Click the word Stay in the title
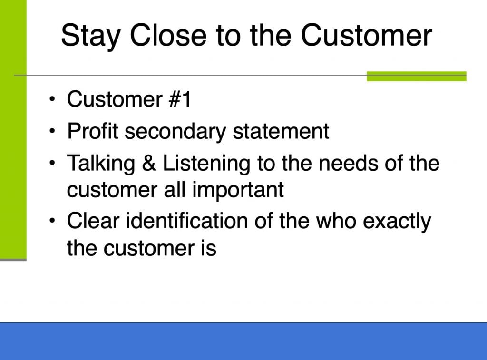pyautogui.click(x=90, y=36)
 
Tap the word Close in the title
pyautogui.click(x=168, y=35)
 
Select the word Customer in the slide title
pyautogui.click(x=367, y=35)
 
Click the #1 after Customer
pyautogui.click(x=179, y=99)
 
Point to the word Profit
pyautogui.click(x=93, y=131)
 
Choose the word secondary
pyautogui.click(x=175, y=132)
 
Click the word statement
pyautogui.click(x=281, y=131)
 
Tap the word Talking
pyautogui.click(x=101, y=164)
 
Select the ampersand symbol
pyautogui.click(x=149, y=163)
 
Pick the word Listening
pyautogui.click(x=206, y=164)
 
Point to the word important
pyautogui.click(x=238, y=191)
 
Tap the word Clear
pyautogui.click(x=93, y=221)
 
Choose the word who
pyautogui.click(x=336, y=221)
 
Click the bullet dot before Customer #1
pyautogui.click(x=52, y=99)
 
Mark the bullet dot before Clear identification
pyautogui.click(x=52, y=221)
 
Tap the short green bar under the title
pyautogui.click(x=417, y=76)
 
